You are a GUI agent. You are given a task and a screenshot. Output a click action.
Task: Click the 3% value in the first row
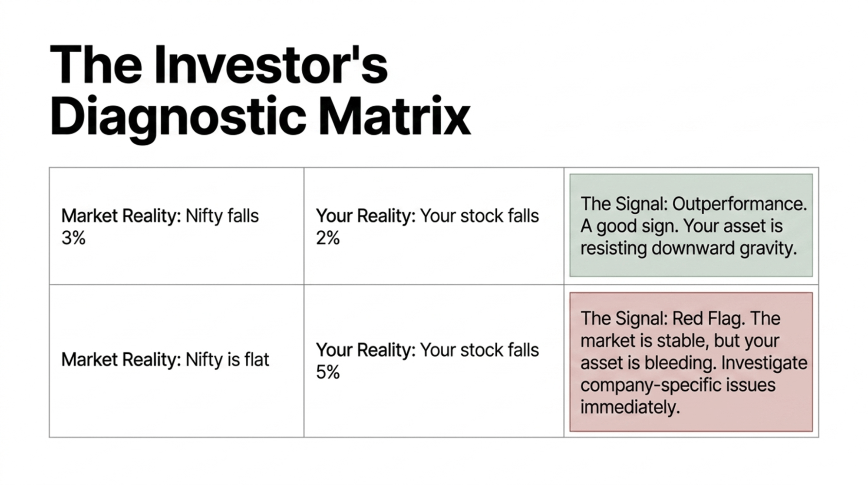pos(73,238)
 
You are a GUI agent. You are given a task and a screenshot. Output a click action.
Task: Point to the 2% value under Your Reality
pos(328,238)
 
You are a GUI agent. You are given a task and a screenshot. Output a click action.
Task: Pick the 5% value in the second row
pos(328,372)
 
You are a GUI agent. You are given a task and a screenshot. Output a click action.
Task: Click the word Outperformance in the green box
pos(739,204)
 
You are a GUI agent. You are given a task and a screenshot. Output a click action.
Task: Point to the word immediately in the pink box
pos(630,408)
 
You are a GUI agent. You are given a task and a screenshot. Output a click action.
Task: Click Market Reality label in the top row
pos(121,216)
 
